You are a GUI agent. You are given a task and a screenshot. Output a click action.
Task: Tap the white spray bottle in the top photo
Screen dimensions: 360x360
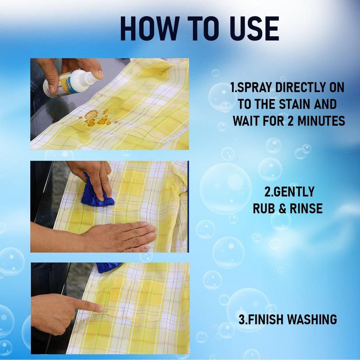tap(70, 83)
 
